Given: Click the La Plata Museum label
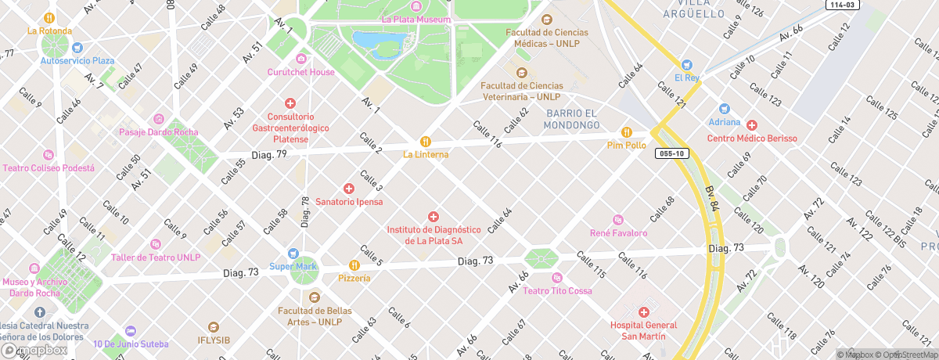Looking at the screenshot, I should [416, 20].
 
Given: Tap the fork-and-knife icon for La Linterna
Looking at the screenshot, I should [426, 142].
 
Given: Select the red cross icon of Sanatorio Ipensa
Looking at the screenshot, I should [349, 189].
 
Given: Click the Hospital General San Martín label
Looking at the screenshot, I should [643, 330].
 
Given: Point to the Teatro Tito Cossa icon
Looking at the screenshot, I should [557, 278].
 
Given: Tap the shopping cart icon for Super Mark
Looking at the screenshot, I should [293, 254].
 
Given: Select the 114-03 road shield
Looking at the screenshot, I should [843, 5].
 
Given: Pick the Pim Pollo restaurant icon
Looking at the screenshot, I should [626, 132].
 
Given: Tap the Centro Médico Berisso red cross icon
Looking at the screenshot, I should [752, 125].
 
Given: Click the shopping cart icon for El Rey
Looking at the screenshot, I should [687, 65].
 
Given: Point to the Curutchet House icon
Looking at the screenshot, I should [301, 59].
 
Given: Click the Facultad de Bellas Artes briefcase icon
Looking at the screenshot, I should [315, 297].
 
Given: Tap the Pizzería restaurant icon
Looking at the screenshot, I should [354, 265].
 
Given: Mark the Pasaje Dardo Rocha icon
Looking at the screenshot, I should [159, 119].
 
